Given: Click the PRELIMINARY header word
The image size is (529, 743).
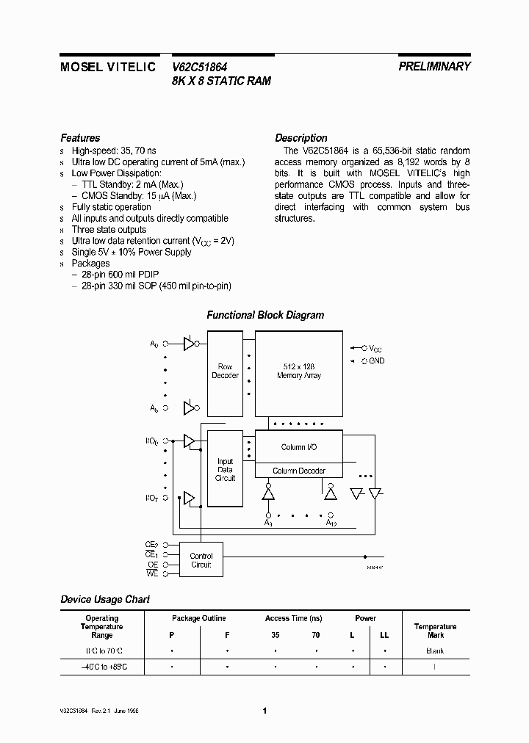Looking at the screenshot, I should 434,66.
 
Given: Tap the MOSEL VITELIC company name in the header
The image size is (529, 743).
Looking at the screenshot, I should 107,67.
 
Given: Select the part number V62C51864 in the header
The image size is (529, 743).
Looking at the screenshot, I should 199,66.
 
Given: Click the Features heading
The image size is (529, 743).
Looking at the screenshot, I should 80,138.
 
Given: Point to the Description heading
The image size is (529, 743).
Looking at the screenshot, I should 301,138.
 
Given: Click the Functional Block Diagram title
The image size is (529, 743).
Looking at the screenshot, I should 265,315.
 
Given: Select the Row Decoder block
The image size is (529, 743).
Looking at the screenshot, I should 225,371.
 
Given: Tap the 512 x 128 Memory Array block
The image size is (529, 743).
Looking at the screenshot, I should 299,371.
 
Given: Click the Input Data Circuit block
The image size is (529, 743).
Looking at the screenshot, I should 225,470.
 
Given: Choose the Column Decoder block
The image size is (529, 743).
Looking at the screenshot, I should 299,471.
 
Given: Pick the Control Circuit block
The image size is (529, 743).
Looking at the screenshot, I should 201,560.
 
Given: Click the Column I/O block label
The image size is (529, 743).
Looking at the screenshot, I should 299,447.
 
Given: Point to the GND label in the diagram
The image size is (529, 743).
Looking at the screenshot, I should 376,360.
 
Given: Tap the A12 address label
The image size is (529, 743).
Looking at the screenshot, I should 331,523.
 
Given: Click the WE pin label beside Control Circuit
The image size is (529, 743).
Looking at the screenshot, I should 151,573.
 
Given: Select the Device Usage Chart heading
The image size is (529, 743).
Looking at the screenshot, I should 105,599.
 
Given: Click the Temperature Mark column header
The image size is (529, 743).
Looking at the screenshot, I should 435,631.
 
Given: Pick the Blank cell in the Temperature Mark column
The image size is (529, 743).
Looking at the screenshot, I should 435,651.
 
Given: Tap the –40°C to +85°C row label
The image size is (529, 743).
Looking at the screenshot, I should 101,667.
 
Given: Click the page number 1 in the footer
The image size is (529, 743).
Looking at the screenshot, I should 264,711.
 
